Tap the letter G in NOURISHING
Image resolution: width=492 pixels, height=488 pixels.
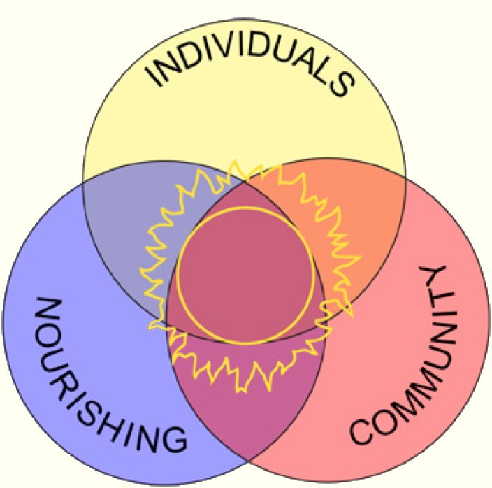click(173, 439)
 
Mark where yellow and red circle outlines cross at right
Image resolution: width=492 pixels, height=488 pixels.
click(405, 179)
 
